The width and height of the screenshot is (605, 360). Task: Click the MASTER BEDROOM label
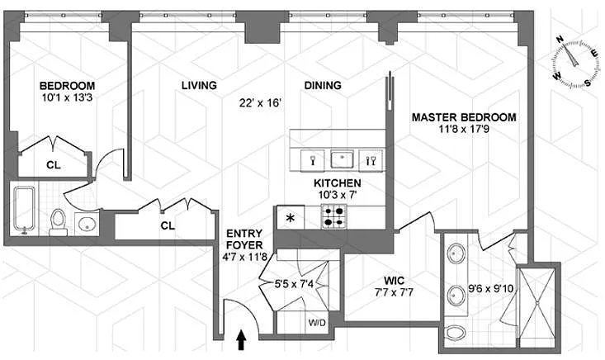click(x=464, y=117)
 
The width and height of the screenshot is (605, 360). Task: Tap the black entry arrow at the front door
click(x=241, y=339)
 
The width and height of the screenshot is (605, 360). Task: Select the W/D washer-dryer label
click(x=317, y=322)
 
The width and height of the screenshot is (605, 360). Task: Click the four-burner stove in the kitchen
click(x=333, y=217)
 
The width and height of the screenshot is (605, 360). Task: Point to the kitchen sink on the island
click(x=342, y=159)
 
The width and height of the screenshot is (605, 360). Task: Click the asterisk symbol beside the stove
click(x=291, y=219)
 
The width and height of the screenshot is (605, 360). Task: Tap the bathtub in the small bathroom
click(x=24, y=211)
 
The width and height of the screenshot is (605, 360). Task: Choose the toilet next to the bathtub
click(x=59, y=222)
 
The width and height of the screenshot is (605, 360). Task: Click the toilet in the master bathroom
click(x=456, y=332)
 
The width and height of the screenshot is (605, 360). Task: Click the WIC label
click(x=394, y=281)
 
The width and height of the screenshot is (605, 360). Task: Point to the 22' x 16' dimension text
click(x=261, y=103)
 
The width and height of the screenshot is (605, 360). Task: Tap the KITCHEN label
click(x=338, y=183)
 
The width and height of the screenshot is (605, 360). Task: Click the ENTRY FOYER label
click(x=244, y=239)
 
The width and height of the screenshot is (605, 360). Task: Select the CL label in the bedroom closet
click(x=54, y=165)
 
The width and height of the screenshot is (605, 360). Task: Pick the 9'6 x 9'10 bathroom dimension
click(x=490, y=288)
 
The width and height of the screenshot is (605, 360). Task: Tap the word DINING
click(x=323, y=85)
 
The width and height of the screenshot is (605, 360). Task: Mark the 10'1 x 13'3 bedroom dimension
click(x=67, y=97)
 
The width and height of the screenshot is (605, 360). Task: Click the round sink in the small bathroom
click(x=87, y=224)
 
